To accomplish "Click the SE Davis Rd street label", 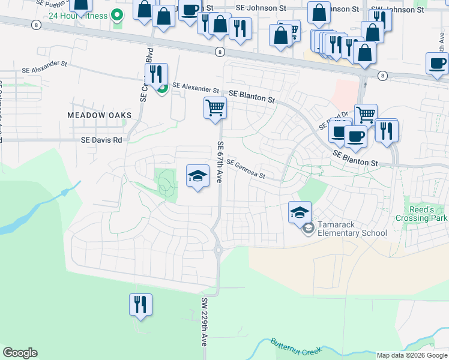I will click(x=101, y=139).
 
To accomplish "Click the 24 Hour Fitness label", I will click(x=82, y=16).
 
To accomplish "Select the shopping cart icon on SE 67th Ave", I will click(x=215, y=109).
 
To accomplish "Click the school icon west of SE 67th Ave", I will click(x=197, y=176).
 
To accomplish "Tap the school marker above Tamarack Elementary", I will click(x=300, y=212).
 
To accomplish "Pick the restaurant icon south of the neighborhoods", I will click(x=140, y=304).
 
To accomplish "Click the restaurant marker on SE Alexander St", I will click(x=155, y=74).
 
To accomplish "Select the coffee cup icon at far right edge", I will click(x=437, y=63).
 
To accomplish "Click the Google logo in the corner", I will click(x=20, y=353).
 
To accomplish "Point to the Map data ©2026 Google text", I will click(x=412, y=355).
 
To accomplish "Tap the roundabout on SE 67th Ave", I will click(x=218, y=250).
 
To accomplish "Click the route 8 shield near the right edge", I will click(x=382, y=74).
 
